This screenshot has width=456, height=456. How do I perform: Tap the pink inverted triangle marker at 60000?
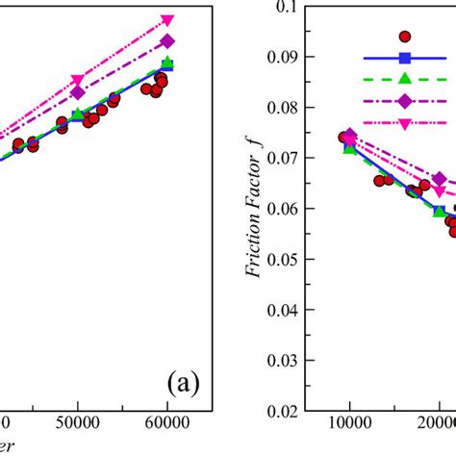click(x=167, y=20)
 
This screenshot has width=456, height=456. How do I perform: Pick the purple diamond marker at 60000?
click(x=167, y=41)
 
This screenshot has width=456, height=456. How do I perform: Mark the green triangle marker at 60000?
click(x=167, y=63)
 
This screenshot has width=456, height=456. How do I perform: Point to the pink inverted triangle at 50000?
click(x=78, y=80)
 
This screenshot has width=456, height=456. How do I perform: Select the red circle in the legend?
click(x=405, y=37)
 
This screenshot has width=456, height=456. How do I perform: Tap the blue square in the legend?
click(x=405, y=58)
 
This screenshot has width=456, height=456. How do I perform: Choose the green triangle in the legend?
click(x=405, y=79)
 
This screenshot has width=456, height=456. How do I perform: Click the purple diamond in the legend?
click(x=405, y=101)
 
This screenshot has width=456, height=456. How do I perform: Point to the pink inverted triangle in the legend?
click(x=405, y=123)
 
